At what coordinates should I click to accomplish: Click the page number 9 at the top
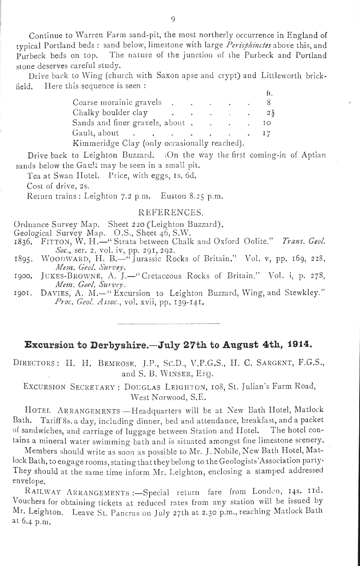coord(173,19)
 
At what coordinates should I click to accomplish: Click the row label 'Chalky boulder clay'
coord(110,113)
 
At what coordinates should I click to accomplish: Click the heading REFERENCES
coord(171,213)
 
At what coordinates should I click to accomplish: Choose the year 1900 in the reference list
coord(23,277)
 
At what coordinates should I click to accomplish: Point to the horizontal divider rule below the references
coord(168,323)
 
